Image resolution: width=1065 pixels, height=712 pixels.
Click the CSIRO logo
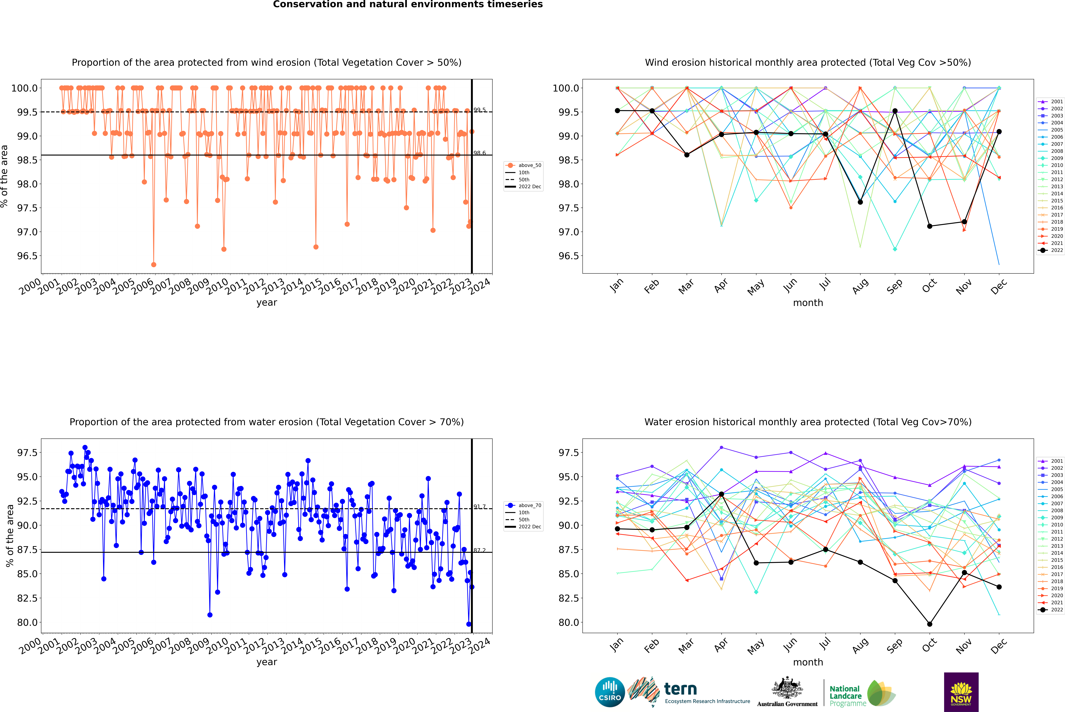pos(610,692)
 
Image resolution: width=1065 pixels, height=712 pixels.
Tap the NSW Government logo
pos(961,692)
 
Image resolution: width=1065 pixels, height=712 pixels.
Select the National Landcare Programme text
pos(845,696)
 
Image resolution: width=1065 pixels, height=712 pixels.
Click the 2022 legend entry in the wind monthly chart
pos(1051,250)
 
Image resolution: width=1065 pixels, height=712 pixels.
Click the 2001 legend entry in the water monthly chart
pos(1051,461)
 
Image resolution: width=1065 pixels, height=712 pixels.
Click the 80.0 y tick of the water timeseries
pos(27,623)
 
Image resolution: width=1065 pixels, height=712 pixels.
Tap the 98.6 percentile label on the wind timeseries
pos(479,153)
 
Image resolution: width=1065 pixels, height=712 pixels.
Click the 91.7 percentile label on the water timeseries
pos(479,507)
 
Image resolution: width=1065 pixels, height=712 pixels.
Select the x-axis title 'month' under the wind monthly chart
pos(808,303)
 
